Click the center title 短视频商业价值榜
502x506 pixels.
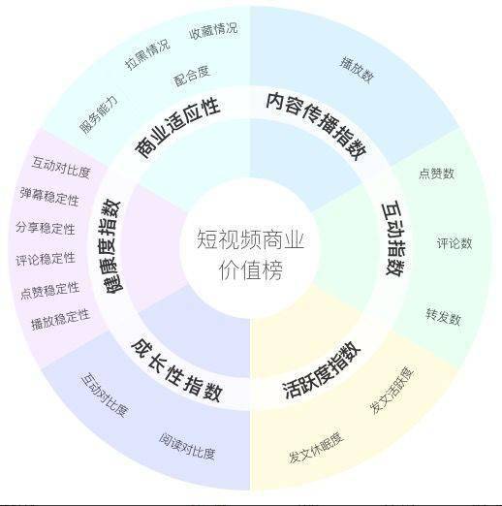250,255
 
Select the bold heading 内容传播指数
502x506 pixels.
317,125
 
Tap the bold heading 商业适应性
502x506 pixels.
177,128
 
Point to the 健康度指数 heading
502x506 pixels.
110,246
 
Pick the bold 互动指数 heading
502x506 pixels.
393,239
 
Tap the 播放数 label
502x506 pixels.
357,70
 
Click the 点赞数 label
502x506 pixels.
437,174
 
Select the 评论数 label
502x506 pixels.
455,243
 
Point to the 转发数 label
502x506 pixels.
443,317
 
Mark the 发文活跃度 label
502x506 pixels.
392,390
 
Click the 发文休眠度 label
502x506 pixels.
316,447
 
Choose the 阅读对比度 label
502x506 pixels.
187,446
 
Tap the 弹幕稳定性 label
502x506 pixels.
49,196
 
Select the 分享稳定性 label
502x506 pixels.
46,228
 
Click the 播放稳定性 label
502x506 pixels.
60,319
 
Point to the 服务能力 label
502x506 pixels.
99,114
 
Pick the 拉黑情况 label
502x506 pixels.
147,54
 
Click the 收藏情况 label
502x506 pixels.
213,31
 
